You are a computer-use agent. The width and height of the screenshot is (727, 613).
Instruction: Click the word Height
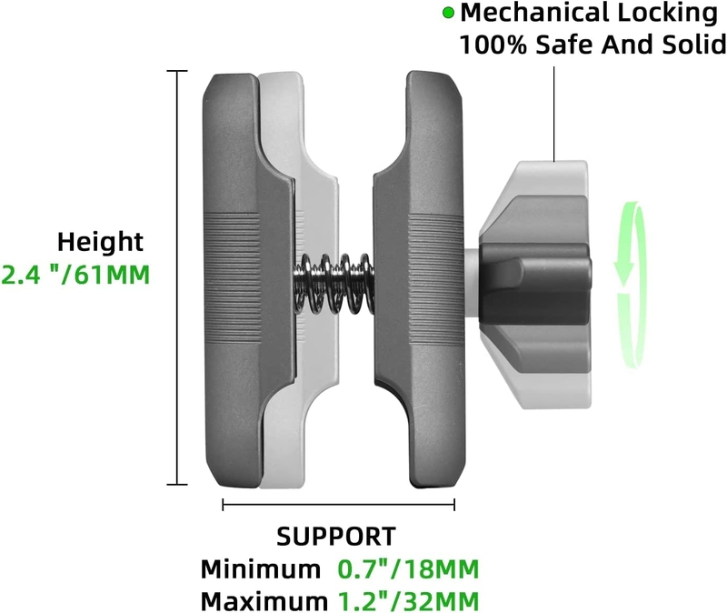(100, 243)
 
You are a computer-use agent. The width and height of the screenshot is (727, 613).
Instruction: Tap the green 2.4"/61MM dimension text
(76, 275)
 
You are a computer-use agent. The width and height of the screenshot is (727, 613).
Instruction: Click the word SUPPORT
(336, 537)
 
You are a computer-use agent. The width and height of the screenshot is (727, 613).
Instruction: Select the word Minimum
(260, 569)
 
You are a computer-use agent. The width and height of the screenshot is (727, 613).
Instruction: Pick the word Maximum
(264, 601)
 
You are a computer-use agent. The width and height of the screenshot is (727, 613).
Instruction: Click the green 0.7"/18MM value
(408, 569)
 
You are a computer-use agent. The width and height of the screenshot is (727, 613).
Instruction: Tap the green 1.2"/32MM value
(408, 601)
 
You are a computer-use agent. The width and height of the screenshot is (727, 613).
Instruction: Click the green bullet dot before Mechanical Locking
(448, 13)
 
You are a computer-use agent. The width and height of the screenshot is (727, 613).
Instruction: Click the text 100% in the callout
(493, 45)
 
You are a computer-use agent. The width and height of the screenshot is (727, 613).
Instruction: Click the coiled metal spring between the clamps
(334, 284)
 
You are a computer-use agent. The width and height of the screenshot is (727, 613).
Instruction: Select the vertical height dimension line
(177, 278)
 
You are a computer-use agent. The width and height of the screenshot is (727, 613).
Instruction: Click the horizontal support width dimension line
(338, 505)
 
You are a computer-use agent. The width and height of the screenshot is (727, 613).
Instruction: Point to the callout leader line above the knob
(554, 115)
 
